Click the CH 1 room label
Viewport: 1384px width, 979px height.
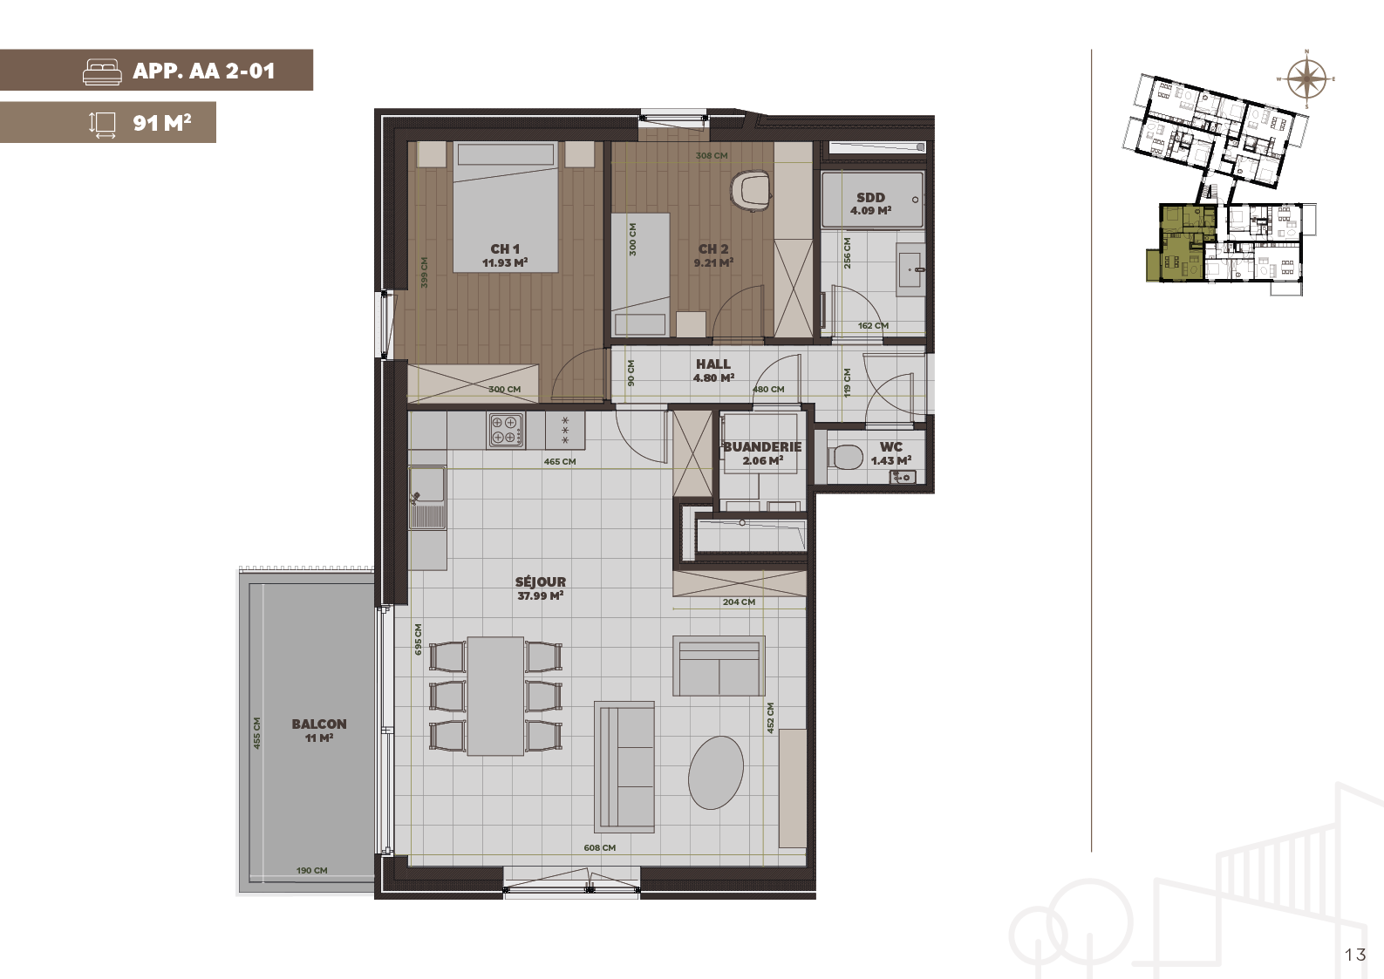tap(505, 249)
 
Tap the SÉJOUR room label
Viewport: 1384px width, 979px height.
tap(541, 581)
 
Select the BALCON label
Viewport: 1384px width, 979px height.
tap(319, 724)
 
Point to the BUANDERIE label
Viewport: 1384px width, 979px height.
tap(762, 446)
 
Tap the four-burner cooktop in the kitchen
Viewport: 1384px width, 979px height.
tap(507, 430)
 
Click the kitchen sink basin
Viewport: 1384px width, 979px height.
tap(427, 484)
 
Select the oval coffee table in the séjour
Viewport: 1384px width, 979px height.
tap(716, 772)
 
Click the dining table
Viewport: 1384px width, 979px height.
tap(495, 696)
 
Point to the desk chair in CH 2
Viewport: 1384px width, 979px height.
tap(750, 190)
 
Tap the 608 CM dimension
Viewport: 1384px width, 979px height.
tap(599, 847)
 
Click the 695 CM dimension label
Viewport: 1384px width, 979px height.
tap(419, 639)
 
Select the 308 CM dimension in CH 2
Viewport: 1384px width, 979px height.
tap(711, 156)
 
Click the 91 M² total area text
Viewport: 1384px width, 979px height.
tap(162, 123)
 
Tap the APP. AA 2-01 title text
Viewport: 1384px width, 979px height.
tap(204, 71)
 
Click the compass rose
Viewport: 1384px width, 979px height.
tap(1306, 79)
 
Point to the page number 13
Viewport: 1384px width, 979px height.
tap(1355, 955)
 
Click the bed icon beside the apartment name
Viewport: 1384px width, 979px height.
tap(102, 71)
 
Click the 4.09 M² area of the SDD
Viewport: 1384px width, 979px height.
tap(870, 211)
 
